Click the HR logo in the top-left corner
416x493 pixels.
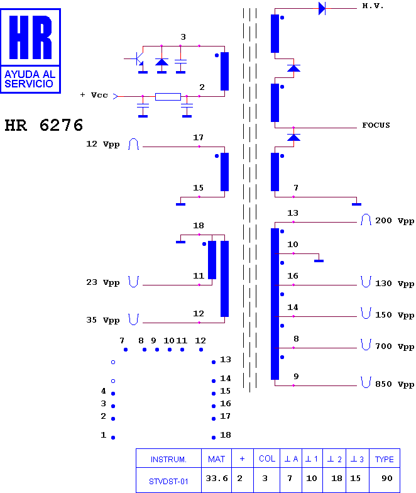coord(30,51)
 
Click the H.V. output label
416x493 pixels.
coord(373,6)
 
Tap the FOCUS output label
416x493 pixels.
coord(376,125)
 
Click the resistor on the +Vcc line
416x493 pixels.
coord(168,97)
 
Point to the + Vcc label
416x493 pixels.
coord(94,95)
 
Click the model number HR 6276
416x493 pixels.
coord(44,125)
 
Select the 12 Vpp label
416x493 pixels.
coord(103,144)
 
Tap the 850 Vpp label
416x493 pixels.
coord(395,384)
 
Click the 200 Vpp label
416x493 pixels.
coord(395,221)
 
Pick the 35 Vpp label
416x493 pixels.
coord(103,320)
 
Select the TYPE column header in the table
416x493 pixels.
coord(385,459)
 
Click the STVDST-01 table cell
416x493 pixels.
coord(168,480)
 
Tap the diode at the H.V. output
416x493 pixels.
coord(322,9)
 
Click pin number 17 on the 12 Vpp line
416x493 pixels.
coord(198,137)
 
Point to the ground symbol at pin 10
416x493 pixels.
coord(319,260)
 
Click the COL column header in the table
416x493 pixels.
coord(266,459)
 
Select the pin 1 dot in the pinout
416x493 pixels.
coord(113,438)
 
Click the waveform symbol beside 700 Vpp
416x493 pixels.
coord(366,345)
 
